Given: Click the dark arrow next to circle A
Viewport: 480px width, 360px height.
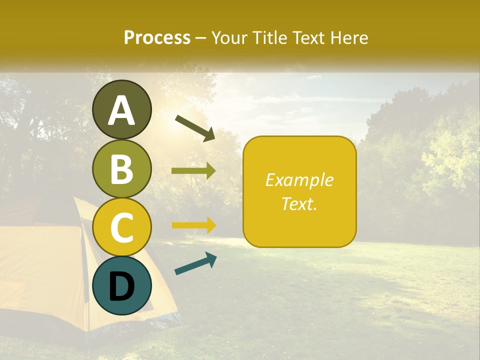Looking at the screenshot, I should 195,128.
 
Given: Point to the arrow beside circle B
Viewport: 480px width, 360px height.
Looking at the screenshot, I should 193,171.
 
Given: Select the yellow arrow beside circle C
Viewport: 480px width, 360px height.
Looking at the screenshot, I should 194,225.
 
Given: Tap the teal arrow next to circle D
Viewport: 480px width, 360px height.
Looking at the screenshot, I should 195,263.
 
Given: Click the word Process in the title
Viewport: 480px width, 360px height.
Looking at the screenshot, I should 157,38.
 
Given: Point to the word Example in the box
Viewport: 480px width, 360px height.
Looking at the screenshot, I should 299,180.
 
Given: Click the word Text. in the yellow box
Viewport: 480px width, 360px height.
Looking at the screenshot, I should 299,203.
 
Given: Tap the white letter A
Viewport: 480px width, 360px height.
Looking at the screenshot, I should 122,110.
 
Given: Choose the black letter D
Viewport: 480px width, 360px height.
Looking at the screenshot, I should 122,287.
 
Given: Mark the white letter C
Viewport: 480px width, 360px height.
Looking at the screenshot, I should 122,227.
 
